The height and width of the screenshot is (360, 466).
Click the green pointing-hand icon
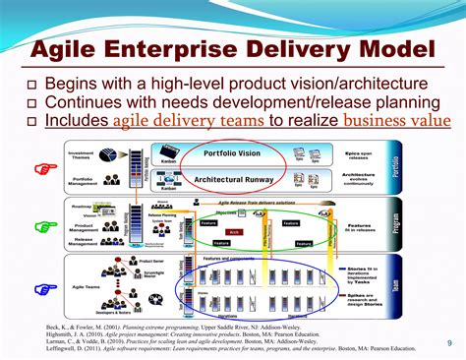click(x=42, y=227)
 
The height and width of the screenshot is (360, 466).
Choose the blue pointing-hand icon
click(x=42, y=288)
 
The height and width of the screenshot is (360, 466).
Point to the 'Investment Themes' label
click(x=81, y=156)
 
